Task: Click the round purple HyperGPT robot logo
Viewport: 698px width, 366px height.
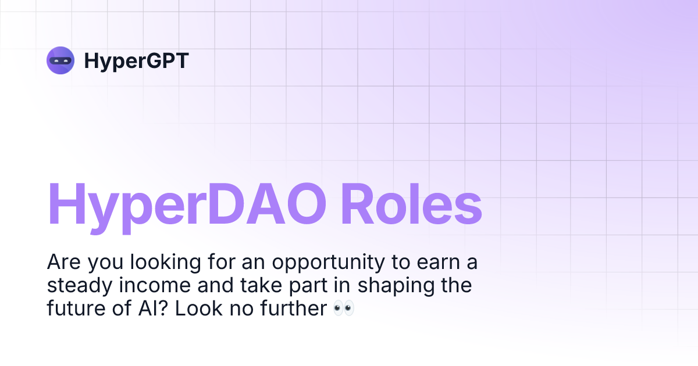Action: (x=60, y=60)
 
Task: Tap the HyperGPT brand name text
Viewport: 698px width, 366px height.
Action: (x=136, y=60)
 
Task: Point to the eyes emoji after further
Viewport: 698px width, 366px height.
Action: (x=343, y=308)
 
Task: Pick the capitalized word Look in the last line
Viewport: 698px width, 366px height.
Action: (x=195, y=308)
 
